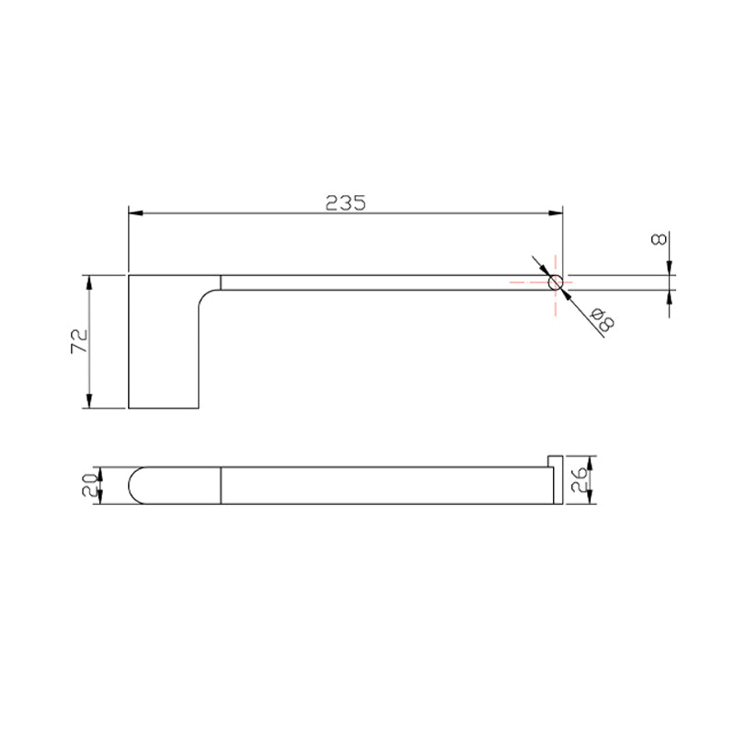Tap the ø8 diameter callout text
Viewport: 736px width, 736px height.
[603, 319]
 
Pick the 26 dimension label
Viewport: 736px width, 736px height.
[579, 479]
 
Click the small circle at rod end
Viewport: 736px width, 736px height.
[556, 283]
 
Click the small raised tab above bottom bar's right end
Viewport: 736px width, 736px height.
[555, 460]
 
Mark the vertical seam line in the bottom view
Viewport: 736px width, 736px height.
[221, 486]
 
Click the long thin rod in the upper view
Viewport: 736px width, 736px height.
[386, 283]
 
